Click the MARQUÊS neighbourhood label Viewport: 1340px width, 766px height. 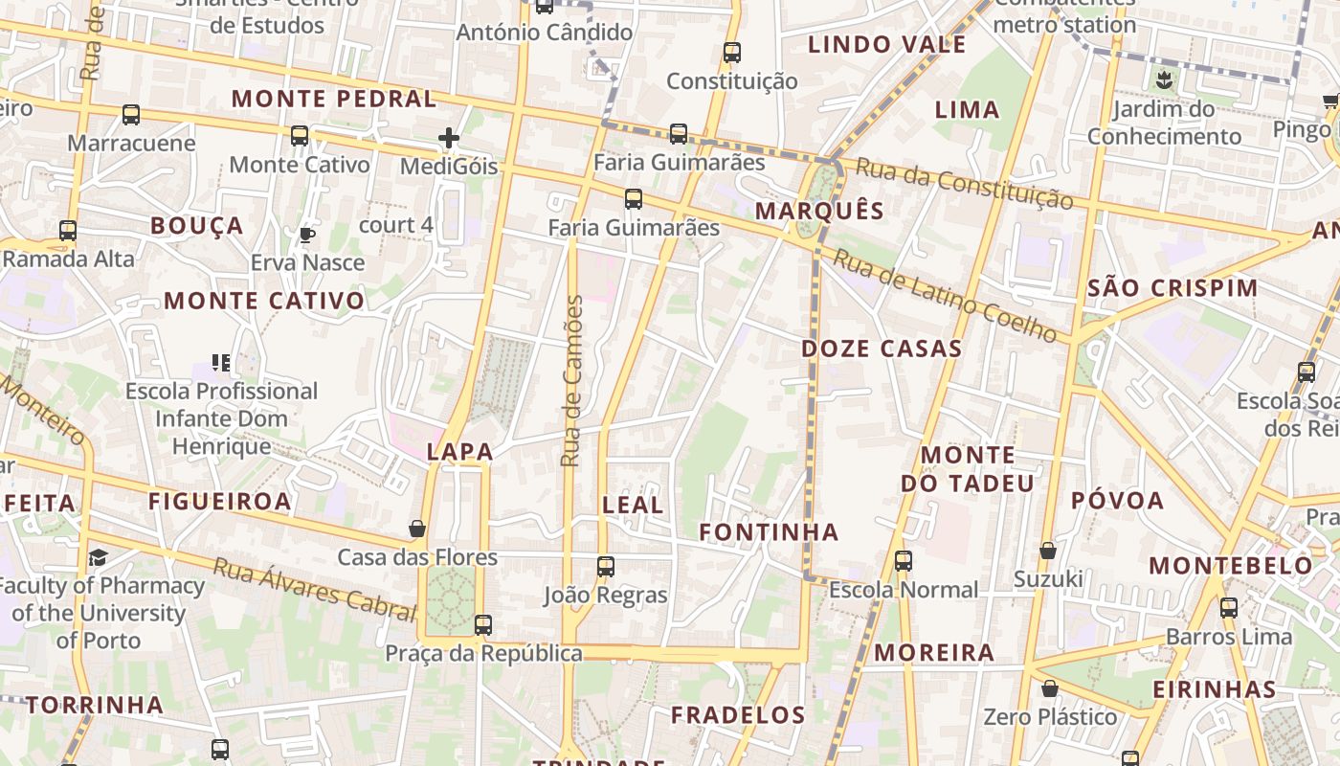819,211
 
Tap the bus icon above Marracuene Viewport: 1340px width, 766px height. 131,115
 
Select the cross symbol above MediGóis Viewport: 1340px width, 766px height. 449,139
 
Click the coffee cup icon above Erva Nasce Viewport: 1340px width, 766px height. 307,235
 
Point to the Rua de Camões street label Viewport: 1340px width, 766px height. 572,381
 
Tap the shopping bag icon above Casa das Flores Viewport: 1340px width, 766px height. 417,529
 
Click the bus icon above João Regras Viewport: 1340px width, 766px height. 605,566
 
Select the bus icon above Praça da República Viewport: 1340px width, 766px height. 482,625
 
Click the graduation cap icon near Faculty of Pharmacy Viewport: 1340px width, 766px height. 98,557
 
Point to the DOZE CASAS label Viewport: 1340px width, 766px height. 882,349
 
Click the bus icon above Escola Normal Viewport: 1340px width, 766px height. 903,561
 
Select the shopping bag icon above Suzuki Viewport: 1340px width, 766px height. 1048,551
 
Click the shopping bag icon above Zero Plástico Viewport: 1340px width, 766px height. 1050,688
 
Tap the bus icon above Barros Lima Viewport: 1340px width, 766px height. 1229,607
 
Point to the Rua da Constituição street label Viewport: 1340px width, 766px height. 964,183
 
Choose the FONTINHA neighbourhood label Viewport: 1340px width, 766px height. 769,532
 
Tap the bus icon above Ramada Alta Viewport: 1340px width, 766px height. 67,231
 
